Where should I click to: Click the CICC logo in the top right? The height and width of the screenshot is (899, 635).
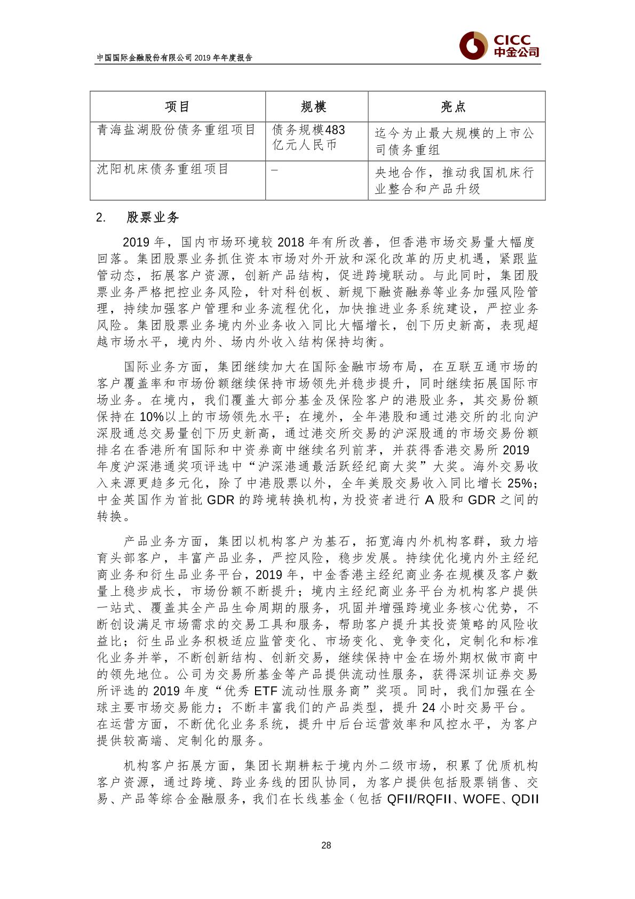[499, 46]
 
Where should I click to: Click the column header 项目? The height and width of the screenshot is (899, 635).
[178, 107]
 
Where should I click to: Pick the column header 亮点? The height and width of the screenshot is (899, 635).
[454, 107]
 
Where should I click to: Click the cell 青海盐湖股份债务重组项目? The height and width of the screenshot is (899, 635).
[177, 130]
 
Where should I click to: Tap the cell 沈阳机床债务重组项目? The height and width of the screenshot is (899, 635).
[163, 169]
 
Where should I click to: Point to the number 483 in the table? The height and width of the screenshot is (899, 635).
[335, 130]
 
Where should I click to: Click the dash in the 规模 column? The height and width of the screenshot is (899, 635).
[275, 170]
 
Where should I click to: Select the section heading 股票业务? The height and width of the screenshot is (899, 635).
[153, 218]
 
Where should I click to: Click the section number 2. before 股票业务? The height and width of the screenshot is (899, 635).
[101, 218]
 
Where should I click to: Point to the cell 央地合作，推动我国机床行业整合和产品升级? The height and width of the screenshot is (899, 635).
[454, 181]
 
